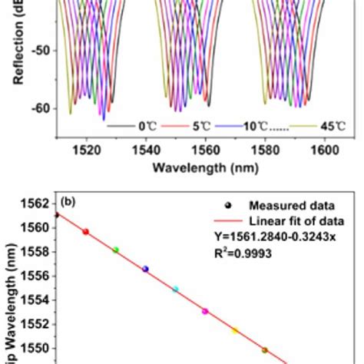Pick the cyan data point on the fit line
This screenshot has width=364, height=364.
[x=175, y=290]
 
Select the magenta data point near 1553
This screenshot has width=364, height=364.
[x=205, y=311]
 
